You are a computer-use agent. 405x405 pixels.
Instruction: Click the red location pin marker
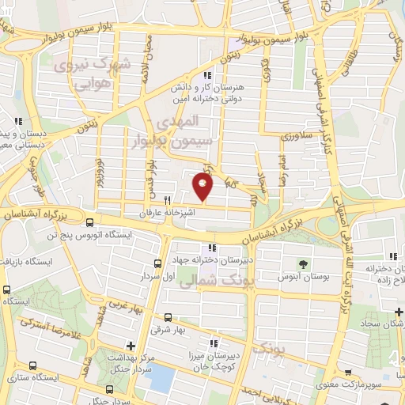click(x=203, y=187)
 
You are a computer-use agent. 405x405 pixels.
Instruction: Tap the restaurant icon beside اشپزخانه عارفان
click(x=167, y=200)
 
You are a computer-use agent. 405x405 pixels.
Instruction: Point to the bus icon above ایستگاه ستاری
click(x=32, y=365)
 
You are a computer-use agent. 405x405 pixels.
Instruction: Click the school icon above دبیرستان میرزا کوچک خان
click(x=213, y=343)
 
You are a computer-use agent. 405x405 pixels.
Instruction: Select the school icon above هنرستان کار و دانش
click(x=208, y=75)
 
